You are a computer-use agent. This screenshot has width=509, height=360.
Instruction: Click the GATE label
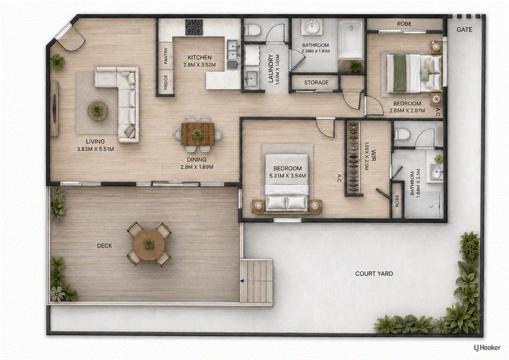464,29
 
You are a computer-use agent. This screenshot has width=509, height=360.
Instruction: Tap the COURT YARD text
374,273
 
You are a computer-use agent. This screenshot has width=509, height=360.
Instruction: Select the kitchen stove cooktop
194,27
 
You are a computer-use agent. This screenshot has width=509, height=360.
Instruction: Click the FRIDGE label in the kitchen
166,83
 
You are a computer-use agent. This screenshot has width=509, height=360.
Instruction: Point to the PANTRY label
166,56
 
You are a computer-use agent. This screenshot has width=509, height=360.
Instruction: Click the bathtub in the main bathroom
351,39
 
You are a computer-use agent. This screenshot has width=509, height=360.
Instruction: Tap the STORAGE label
316,83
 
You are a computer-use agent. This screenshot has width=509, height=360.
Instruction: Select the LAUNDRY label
271,69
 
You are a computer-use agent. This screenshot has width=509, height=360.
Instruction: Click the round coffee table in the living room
97,111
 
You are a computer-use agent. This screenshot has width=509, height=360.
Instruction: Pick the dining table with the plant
198,134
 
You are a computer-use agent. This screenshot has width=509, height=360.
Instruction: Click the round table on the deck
149,245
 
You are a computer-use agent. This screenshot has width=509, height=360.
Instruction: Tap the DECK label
104,246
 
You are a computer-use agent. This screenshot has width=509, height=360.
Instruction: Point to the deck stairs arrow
242,281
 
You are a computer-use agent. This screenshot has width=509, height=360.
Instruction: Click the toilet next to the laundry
253,30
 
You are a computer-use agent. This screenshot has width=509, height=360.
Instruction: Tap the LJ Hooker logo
487,348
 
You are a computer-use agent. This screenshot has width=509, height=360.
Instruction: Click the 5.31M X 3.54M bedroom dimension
288,176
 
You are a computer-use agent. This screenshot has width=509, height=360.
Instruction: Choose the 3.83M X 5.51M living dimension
95,149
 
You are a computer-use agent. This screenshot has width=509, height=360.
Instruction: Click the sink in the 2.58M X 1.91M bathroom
312,27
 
